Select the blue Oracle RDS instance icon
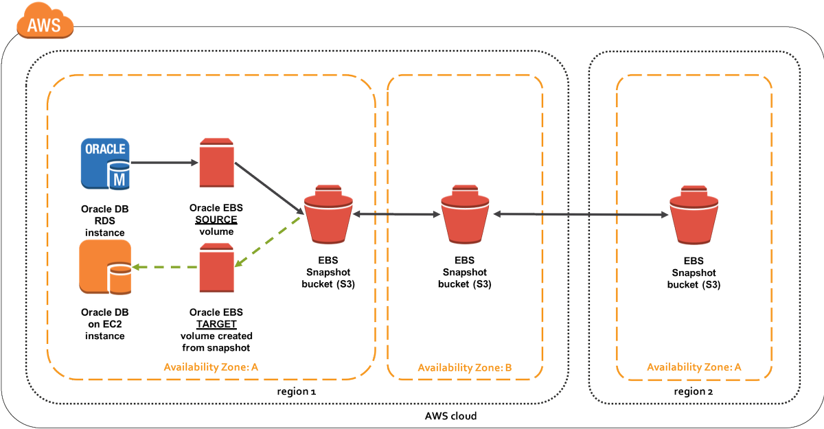(x=104, y=163)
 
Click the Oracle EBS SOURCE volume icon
(x=214, y=163)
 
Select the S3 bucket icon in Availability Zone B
(x=465, y=213)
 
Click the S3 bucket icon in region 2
(x=694, y=213)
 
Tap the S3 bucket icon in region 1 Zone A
(x=328, y=213)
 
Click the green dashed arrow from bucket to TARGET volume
(x=269, y=242)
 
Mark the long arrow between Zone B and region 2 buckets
(x=581, y=215)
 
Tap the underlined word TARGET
(x=216, y=324)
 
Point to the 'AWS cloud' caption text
(x=450, y=416)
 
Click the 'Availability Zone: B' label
(x=464, y=368)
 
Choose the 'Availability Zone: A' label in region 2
(x=694, y=367)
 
